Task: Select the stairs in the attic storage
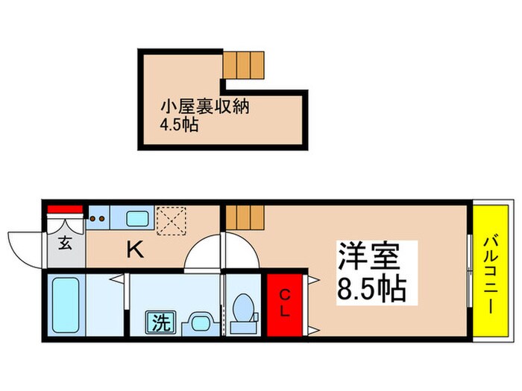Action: pyautogui.click(x=245, y=65)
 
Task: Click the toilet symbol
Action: pyautogui.click(x=244, y=313)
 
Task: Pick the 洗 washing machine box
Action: pyautogui.click(x=160, y=324)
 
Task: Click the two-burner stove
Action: pyautogui.click(x=98, y=218)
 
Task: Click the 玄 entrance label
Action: pyautogui.click(x=66, y=244)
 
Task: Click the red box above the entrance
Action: pyautogui.click(x=65, y=209)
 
